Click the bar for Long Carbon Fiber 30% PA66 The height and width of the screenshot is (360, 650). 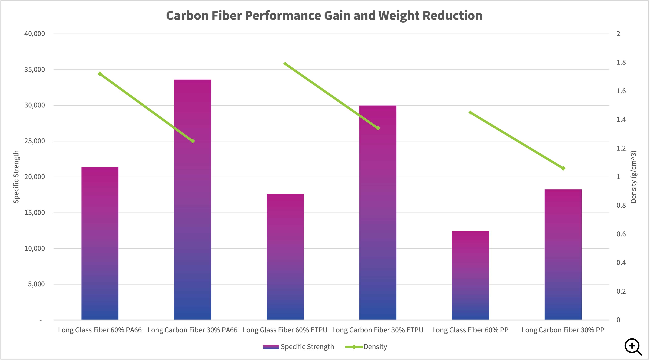[x=193, y=199]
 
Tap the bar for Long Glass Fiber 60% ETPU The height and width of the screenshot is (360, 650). [x=285, y=257]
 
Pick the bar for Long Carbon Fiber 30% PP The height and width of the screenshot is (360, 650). [x=563, y=254]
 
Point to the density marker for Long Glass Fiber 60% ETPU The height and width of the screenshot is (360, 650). [x=285, y=64]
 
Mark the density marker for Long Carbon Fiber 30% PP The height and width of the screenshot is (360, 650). [x=563, y=168]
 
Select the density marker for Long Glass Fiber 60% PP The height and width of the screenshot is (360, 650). [x=470, y=113]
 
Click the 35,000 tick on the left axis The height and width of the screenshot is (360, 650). [x=35, y=70]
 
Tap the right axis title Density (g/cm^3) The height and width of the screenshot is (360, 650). [x=633, y=177]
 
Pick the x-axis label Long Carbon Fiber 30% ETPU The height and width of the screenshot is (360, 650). [x=377, y=330]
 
